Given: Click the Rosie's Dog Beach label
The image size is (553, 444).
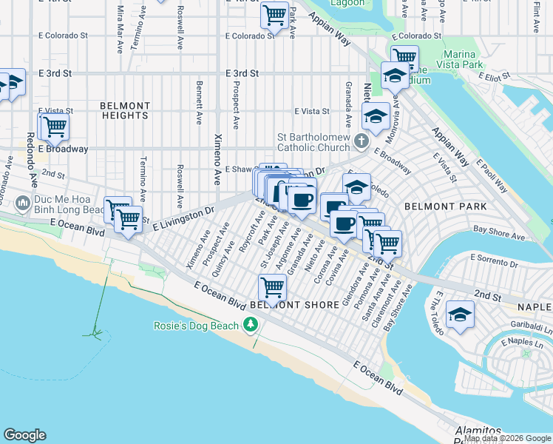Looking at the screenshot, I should click(x=196, y=326).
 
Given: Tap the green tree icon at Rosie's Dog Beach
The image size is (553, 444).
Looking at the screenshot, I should click(x=251, y=325).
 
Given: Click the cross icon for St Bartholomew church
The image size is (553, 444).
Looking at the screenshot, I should click(x=361, y=140).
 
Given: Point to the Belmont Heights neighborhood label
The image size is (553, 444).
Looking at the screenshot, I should click(x=125, y=111).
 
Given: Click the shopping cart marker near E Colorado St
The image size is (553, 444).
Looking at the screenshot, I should click(x=274, y=13).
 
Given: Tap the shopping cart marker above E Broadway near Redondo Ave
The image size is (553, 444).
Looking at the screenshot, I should click(x=53, y=125).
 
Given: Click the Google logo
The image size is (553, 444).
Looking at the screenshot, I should click(x=24, y=435).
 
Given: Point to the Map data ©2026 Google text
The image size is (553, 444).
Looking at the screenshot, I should click(x=507, y=438).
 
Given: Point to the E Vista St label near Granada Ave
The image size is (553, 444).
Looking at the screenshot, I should click(x=311, y=111).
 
